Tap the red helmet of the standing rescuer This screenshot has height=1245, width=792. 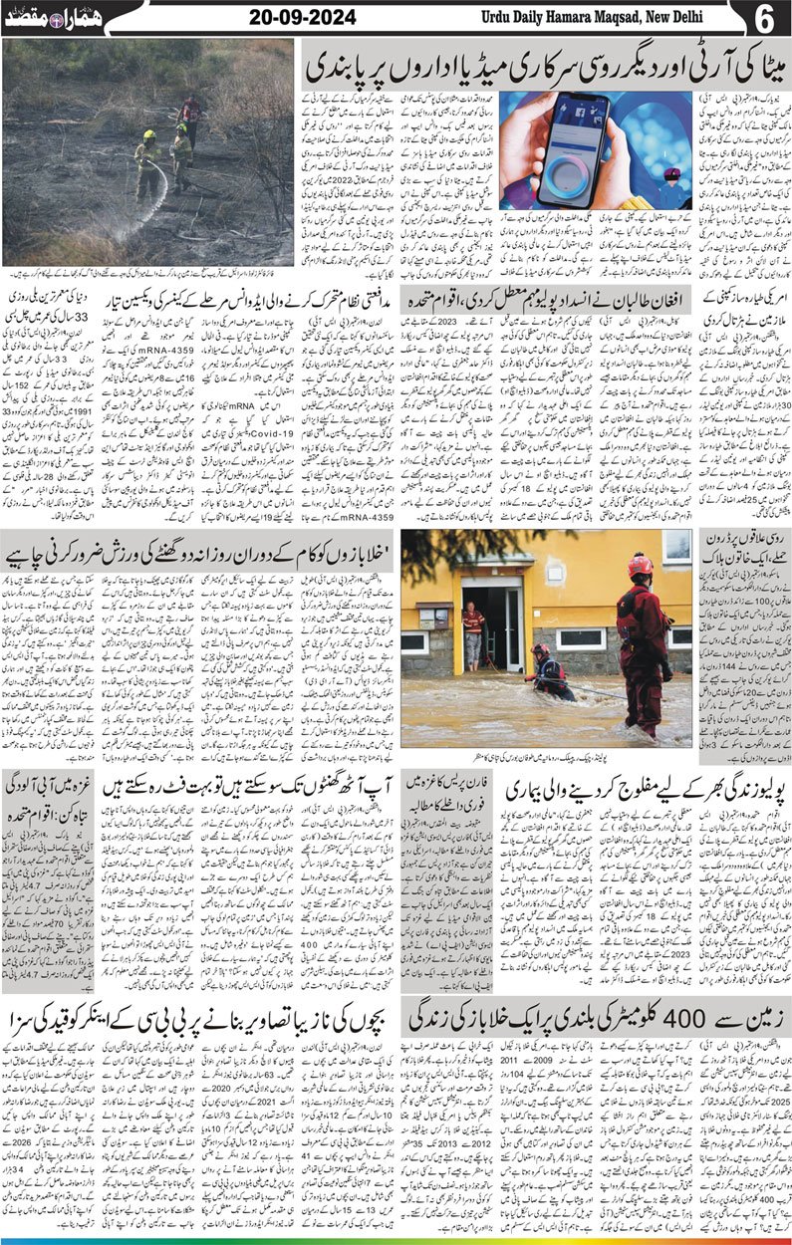[640, 565]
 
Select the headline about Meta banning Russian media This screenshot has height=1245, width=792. [542, 63]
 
